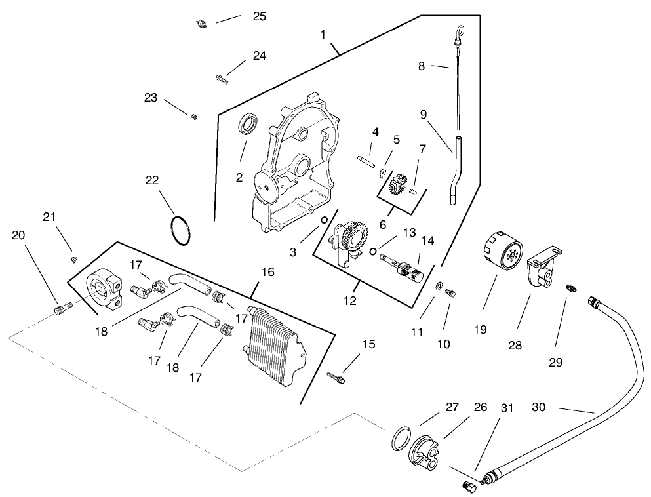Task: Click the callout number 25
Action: (x=259, y=16)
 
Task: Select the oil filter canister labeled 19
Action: (x=502, y=252)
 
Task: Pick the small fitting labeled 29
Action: (x=572, y=288)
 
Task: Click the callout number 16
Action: (x=267, y=271)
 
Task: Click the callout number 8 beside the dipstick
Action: (x=422, y=66)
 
